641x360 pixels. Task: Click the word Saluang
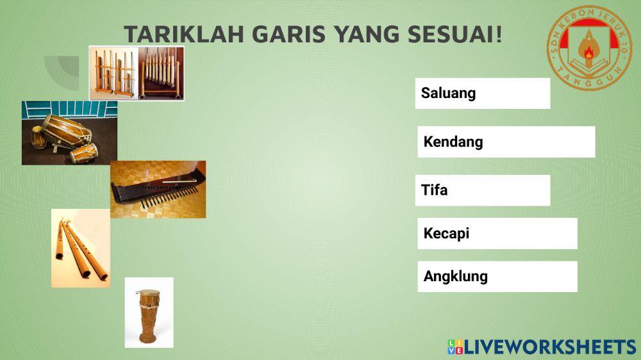(448, 94)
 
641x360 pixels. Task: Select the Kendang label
(453, 142)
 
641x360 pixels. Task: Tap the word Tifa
(434, 190)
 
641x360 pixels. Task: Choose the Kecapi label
(446, 234)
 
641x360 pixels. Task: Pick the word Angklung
(455, 277)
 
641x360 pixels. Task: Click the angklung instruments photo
(137, 73)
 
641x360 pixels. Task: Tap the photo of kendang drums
(69, 133)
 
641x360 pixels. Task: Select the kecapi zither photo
(158, 190)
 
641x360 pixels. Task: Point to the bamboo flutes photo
(81, 248)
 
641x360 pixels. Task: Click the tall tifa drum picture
(149, 312)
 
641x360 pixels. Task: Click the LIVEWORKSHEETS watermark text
(550, 347)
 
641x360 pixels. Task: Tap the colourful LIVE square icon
(455, 347)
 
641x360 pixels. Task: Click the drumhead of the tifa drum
(150, 294)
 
